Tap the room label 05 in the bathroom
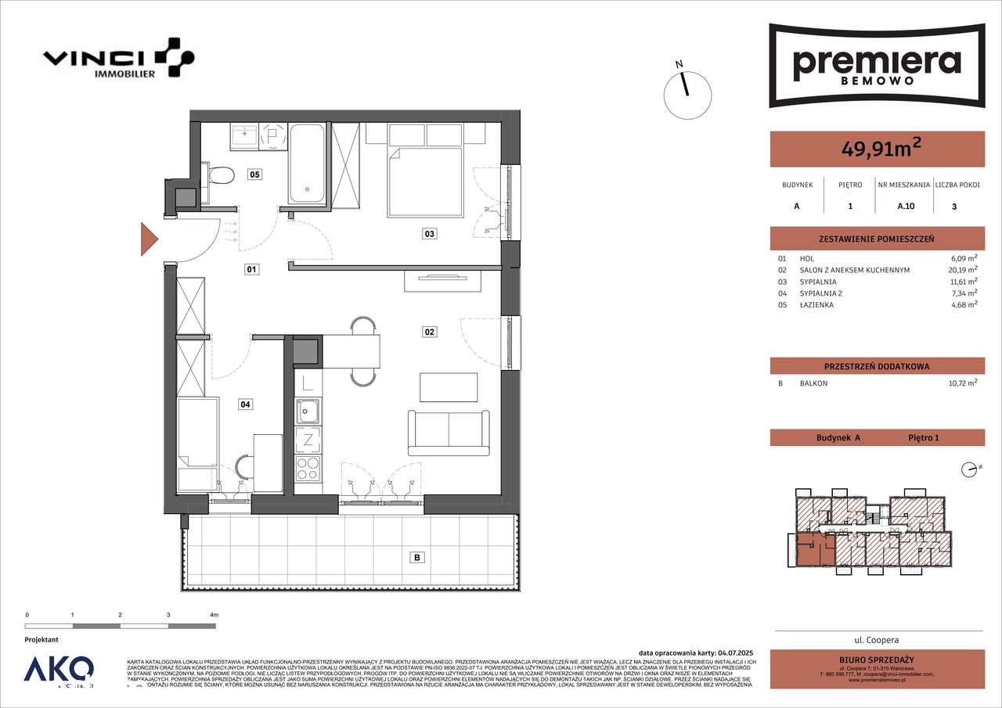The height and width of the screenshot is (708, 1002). [254, 174]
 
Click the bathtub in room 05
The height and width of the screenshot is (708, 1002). [306, 164]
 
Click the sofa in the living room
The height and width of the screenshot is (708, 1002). [448, 432]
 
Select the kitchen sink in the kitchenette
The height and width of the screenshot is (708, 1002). [308, 409]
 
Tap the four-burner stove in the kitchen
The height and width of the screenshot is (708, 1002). [308, 469]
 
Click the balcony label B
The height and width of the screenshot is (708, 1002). [417, 558]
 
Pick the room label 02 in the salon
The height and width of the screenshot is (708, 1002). [429, 332]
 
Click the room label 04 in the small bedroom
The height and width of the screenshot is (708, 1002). [246, 404]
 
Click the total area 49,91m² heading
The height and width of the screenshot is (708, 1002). [877, 148]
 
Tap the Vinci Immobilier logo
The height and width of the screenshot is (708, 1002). [117, 59]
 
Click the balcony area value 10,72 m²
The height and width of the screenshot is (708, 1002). [961, 384]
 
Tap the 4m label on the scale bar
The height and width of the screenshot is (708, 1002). [214, 615]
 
